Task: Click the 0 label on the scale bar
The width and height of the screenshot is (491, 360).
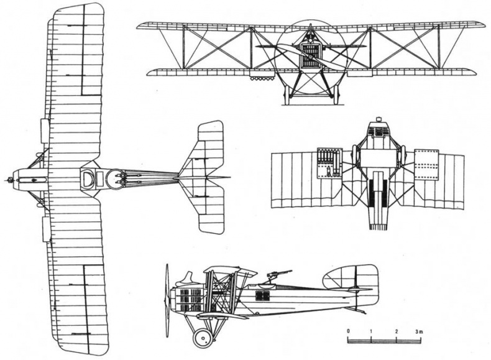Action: point(348,331)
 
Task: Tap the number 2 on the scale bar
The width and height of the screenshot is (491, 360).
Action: point(397,331)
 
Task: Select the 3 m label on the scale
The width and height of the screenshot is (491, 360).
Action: point(419,331)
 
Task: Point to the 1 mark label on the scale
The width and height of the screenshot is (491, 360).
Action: point(371,331)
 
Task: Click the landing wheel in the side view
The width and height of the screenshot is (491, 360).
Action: point(202,338)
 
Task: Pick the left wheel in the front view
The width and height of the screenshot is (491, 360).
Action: point(287,95)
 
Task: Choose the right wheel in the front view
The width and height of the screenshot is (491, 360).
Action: point(336,95)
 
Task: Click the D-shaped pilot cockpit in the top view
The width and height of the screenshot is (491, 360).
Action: point(87,179)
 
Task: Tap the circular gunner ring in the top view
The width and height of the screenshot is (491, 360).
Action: point(116,179)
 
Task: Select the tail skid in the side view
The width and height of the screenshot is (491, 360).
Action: point(357,310)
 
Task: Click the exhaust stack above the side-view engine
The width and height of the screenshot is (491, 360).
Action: point(188,278)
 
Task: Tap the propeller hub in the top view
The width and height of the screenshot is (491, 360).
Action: point(11,180)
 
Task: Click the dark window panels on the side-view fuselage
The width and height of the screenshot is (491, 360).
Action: point(262,296)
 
